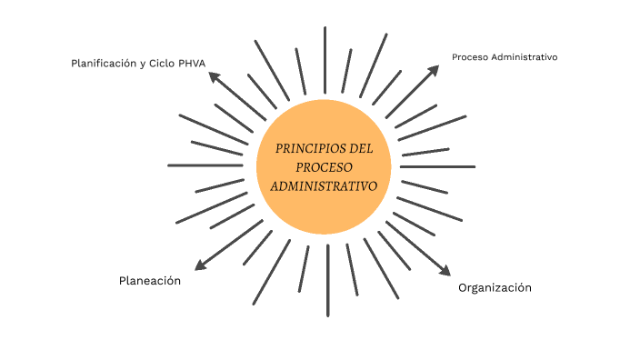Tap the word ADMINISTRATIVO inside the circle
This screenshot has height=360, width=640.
[x=324, y=185]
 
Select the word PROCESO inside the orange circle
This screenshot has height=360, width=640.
[x=324, y=166]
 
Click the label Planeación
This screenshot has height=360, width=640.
[x=150, y=281]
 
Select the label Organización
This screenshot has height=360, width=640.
[x=495, y=287]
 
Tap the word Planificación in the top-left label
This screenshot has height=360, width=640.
[x=104, y=64]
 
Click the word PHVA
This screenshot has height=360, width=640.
[x=191, y=64]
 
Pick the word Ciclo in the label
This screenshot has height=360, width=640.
[x=162, y=64]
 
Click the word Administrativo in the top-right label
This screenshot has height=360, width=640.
[x=523, y=57]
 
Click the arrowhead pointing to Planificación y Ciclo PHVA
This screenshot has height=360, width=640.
[x=215, y=77]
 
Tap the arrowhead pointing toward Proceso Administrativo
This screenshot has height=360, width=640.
[x=435, y=68]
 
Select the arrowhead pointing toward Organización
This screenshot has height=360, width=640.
[x=445, y=270]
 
